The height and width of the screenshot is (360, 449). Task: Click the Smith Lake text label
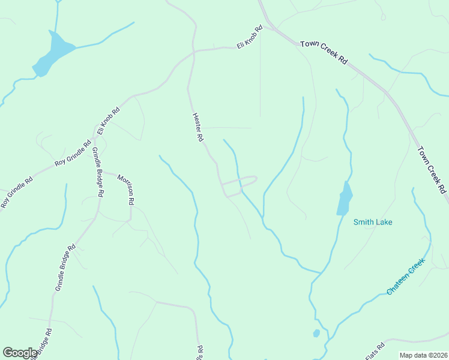[372, 222]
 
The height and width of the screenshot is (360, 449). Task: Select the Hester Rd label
[197, 127]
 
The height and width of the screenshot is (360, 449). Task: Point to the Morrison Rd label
[125, 190]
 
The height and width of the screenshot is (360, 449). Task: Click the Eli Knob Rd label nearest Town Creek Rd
[250, 38]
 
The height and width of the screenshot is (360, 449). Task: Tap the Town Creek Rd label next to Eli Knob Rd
[324, 52]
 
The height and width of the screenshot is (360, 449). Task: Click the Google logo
[20, 353]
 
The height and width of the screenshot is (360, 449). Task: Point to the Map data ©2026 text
[423, 355]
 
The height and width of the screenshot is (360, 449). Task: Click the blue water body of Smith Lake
[344, 199]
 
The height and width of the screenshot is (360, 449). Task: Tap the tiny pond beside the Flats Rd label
[316, 333]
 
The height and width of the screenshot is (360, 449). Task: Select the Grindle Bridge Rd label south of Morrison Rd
[65, 268]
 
